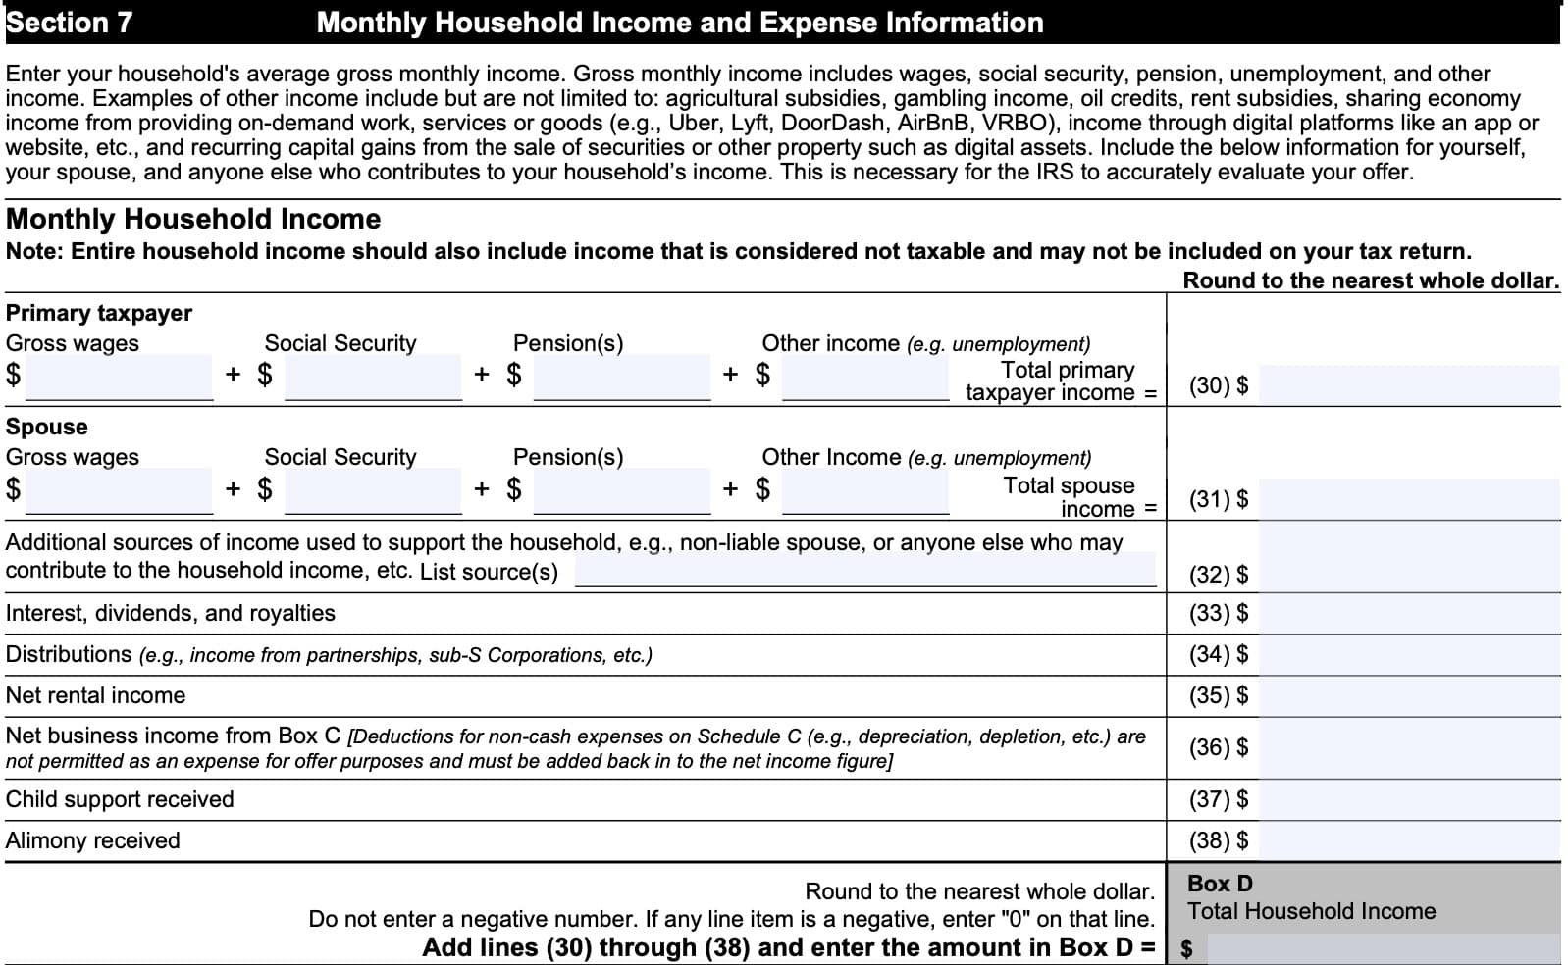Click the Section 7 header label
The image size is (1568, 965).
[x=69, y=23]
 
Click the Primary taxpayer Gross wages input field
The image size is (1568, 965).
[x=119, y=378]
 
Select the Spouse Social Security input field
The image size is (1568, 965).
[x=373, y=490]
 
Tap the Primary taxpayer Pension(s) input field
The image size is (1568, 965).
[x=622, y=378]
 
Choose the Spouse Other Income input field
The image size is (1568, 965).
[x=865, y=490]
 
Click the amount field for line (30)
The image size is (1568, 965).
[x=1408, y=385]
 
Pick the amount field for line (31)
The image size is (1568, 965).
[x=1408, y=499]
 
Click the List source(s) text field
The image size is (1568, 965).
[x=865, y=571]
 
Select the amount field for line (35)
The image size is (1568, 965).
[x=1408, y=695]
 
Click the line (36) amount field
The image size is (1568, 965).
[x=1408, y=748]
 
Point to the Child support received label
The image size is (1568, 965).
[x=120, y=799]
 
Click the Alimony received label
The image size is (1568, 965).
[x=93, y=840]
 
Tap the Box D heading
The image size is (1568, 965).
[x=1220, y=883]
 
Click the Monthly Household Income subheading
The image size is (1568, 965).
[x=193, y=219]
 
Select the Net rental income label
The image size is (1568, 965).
[x=95, y=695]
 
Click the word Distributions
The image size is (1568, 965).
[x=69, y=654]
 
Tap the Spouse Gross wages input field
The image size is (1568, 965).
[x=119, y=490]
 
